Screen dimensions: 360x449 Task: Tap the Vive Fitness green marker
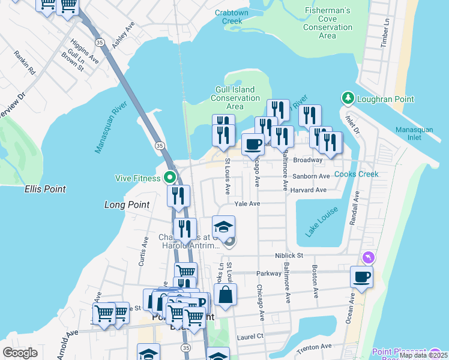coord(170,178)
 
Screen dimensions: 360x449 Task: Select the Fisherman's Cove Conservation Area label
coord(327,23)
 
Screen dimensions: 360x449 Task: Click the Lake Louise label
coord(321,222)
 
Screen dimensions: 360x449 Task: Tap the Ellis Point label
coord(45,189)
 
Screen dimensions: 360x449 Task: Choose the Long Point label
coord(127,205)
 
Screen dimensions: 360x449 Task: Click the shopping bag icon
coord(225,295)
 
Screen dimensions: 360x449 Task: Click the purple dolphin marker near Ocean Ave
coord(368,257)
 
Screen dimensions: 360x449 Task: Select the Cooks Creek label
coord(357,174)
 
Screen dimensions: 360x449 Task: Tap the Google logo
coord(20,353)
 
